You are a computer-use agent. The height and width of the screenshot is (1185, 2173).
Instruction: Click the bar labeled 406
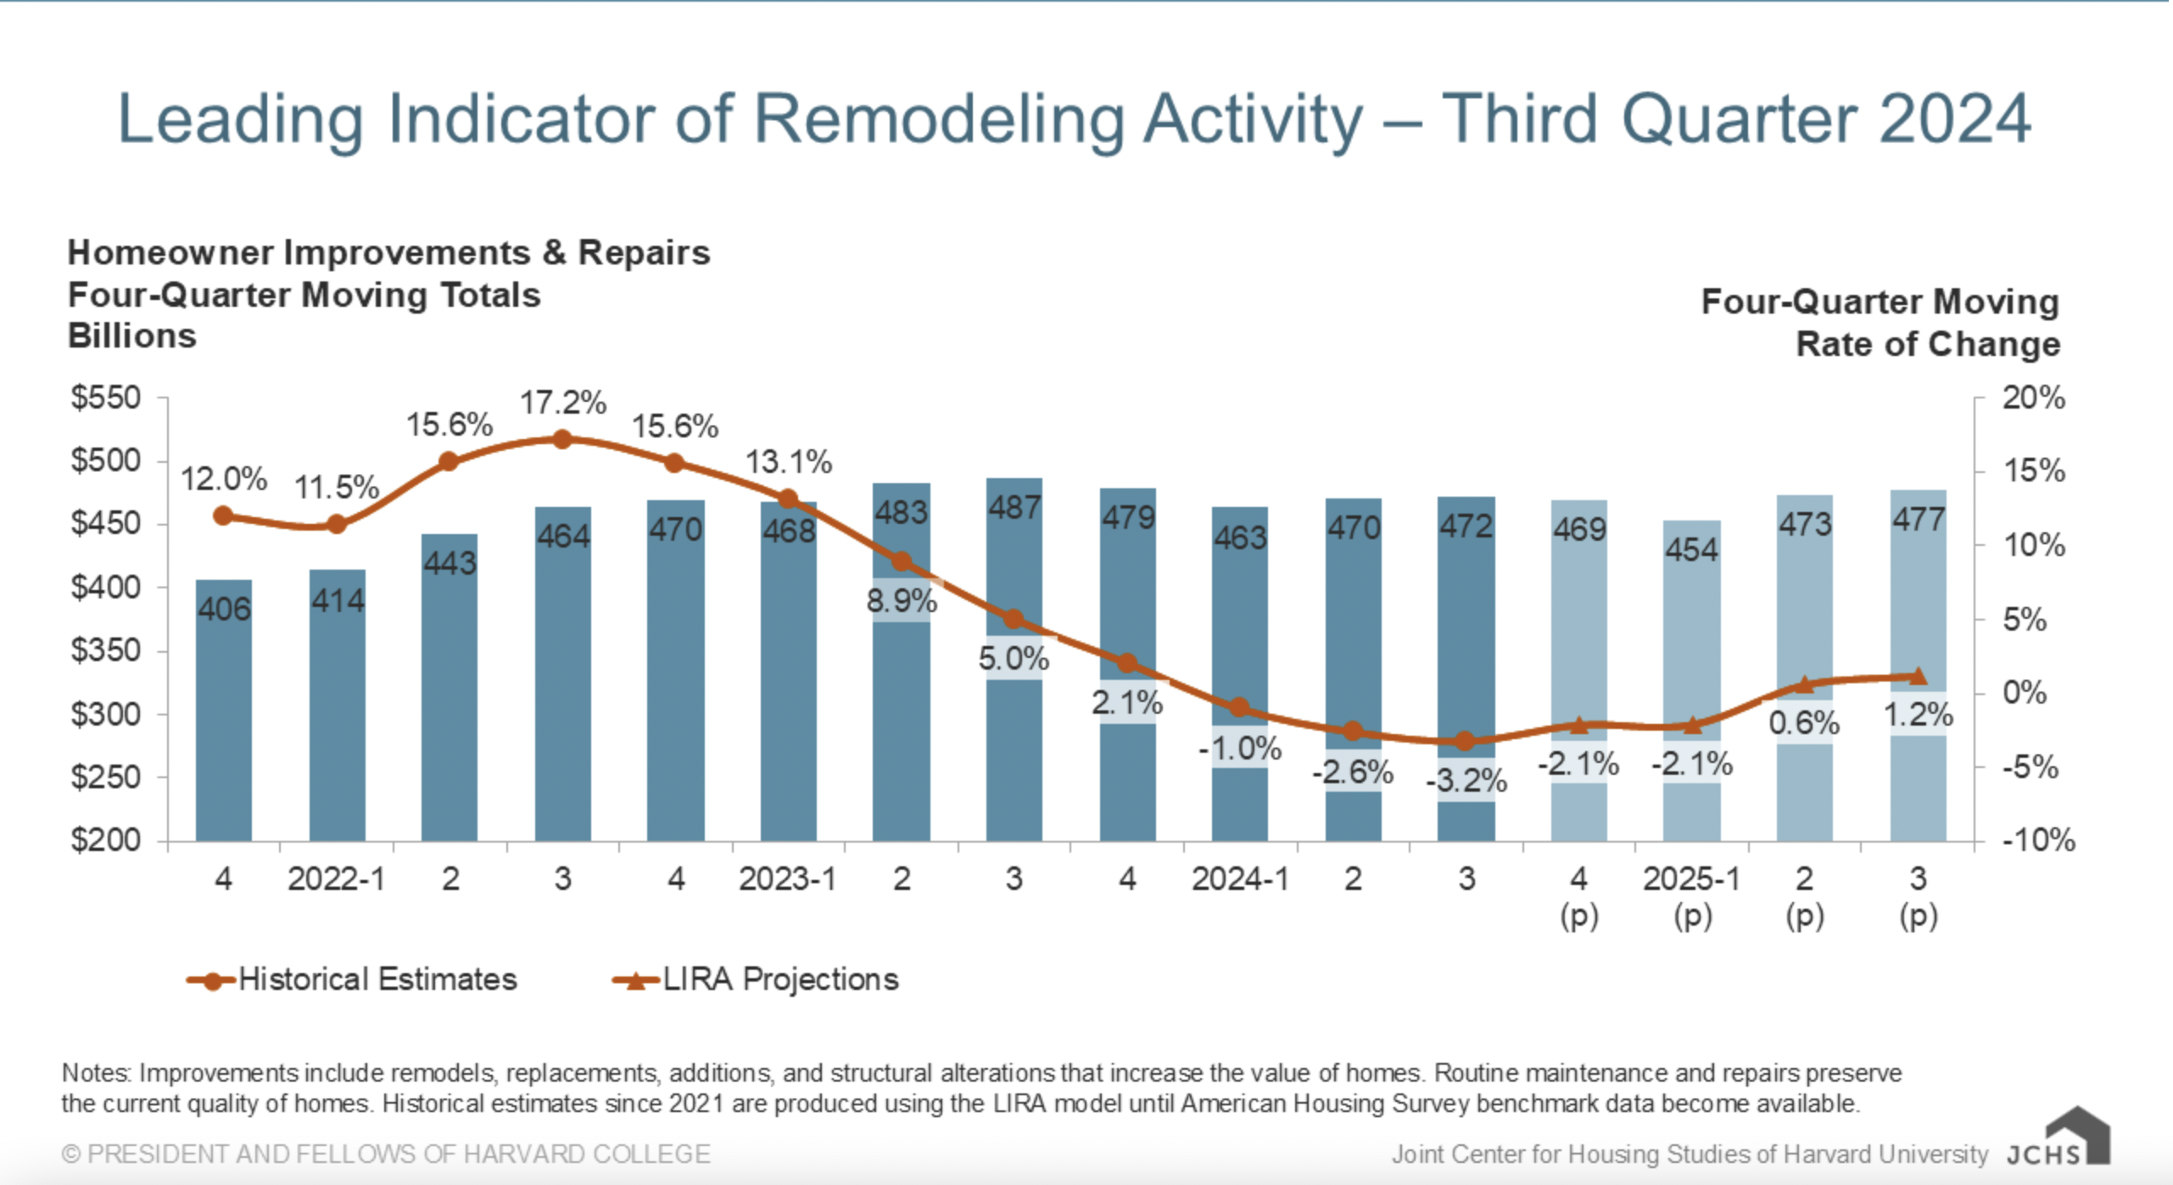point(224,712)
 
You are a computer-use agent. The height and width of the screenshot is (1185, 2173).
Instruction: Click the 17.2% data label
point(563,403)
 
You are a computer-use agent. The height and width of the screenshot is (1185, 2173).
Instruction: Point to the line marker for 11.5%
point(337,525)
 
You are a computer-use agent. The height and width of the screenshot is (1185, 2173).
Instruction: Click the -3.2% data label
point(1466,781)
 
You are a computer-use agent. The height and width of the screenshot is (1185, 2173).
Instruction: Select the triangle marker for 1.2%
point(1919,676)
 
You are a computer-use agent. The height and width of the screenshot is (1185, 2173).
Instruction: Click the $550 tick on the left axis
point(106,398)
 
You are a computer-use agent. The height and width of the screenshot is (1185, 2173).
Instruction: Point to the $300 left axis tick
point(106,715)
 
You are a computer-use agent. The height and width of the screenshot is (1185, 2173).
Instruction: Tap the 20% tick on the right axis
point(2034,398)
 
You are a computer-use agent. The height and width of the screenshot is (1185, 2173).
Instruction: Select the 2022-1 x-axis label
point(337,879)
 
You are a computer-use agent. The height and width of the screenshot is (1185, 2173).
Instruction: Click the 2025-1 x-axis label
point(1692,879)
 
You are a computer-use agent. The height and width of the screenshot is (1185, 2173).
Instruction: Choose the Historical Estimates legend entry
point(352,980)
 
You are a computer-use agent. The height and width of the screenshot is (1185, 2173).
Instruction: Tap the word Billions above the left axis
point(132,337)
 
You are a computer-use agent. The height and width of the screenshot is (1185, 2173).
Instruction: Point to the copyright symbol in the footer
point(71,1154)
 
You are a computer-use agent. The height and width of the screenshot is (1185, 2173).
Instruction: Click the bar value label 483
point(902,513)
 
